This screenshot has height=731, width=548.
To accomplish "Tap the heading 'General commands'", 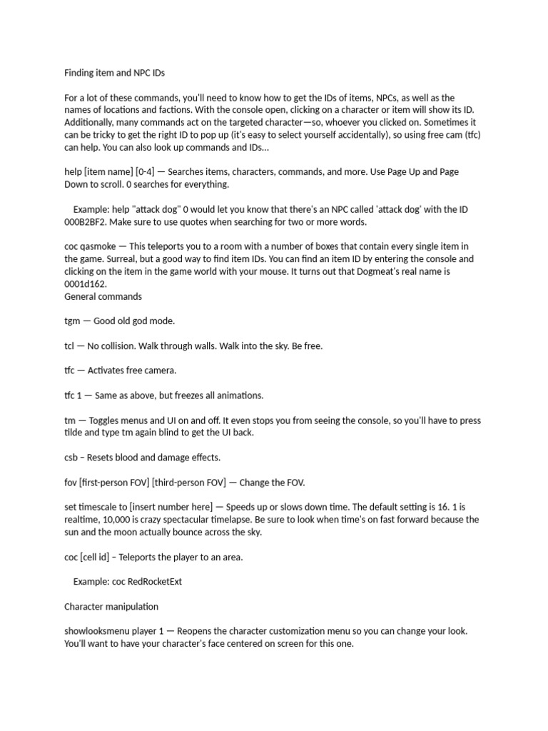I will (x=103, y=296).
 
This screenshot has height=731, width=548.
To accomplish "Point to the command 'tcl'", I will (x=71, y=346).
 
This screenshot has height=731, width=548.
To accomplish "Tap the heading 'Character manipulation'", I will (x=111, y=606).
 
